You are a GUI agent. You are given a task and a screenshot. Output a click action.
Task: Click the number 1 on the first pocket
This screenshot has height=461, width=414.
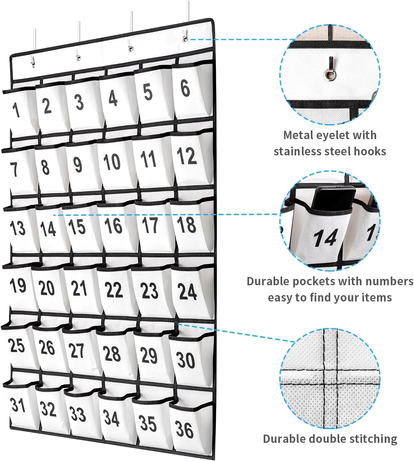[x=16, y=110]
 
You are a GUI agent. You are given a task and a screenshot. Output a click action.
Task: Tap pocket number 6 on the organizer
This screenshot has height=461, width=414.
[x=185, y=88]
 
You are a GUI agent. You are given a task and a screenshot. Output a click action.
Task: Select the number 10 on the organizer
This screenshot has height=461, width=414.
[x=112, y=162]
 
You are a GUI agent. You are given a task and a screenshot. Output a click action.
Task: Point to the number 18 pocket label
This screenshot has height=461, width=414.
[x=187, y=224]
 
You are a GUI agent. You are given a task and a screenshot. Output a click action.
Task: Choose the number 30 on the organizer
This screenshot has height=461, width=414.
[x=186, y=360]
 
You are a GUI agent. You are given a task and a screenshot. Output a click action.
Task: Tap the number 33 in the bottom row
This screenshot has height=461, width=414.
[x=78, y=414]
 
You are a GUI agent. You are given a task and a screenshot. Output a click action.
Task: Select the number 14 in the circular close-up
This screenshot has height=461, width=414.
[x=325, y=238]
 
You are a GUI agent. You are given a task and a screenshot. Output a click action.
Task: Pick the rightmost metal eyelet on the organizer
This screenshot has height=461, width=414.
[x=185, y=39]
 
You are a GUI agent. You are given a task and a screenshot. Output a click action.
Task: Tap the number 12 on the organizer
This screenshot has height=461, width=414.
[x=186, y=157]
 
